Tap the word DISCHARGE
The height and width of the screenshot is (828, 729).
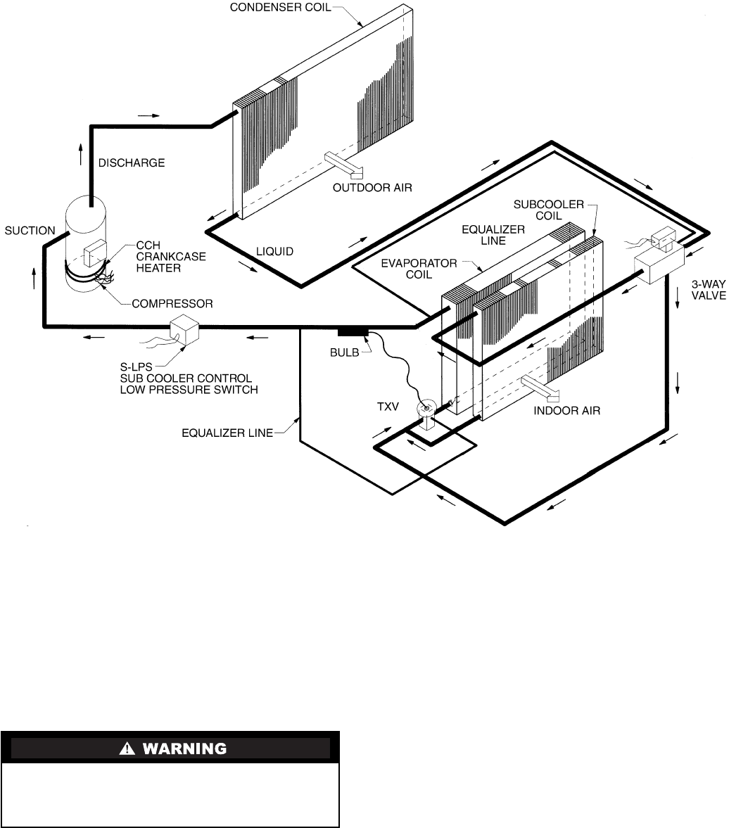[x=132, y=163]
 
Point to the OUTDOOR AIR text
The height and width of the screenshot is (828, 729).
[x=372, y=187]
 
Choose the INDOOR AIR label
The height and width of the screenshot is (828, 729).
[x=567, y=410]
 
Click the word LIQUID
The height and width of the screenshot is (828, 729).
[x=274, y=251]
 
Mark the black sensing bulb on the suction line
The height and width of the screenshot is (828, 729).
[x=353, y=331]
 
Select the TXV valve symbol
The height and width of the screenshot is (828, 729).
[x=426, y=416]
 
